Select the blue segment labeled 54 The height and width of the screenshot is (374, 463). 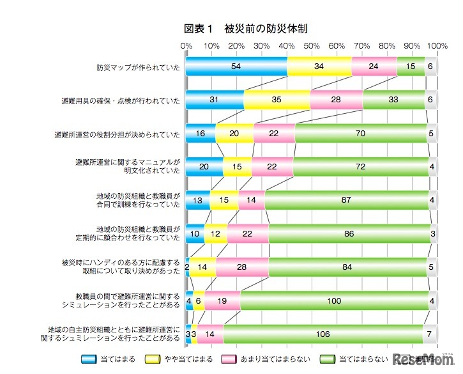pyautogui.click(x=236, y=66)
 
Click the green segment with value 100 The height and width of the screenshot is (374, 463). pyautogui.click(x=335, y=299)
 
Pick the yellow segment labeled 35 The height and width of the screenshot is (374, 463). pyautogui.click(x=277, y=100)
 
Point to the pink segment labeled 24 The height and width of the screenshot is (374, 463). pyautogui.click(x=374, y=66)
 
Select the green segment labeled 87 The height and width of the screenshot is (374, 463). pyautogui.click(x=346, y=199)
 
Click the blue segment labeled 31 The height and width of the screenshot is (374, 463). pyautogui.click(x=215, y=100)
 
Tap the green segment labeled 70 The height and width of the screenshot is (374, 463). pyautogui.click(x=361, y=133)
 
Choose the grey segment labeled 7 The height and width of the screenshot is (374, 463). pyautogui.click(x=430, y=332)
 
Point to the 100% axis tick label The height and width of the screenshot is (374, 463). pyautogui.click(x=437, y=46)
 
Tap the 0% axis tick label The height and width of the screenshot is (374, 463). pyautogui.click(x=186, y=46)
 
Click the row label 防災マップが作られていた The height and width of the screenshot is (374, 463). pyautogui.click(x=138, y=66)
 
